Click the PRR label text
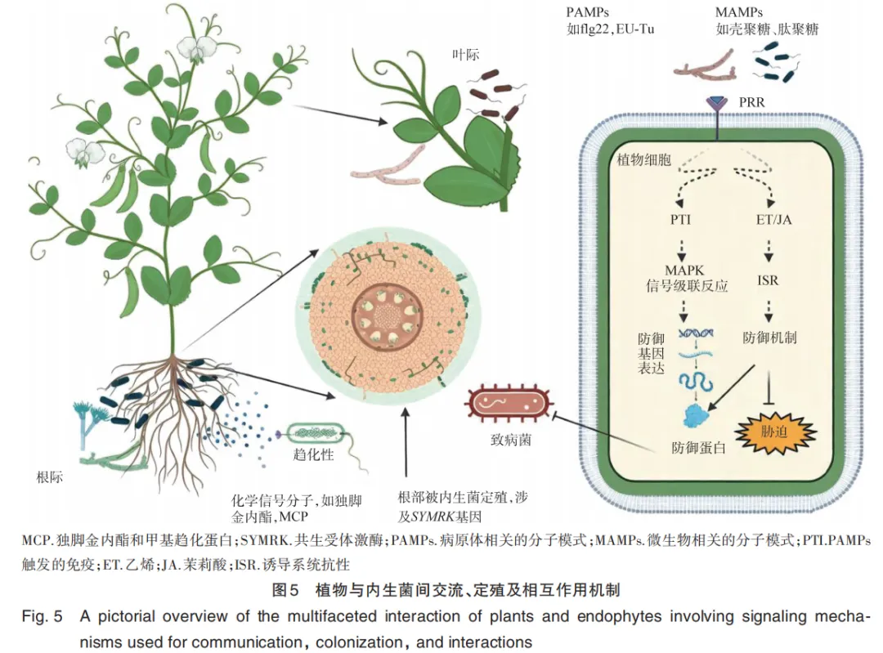pos(752,102)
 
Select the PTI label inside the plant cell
pos(680,220)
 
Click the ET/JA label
pos(773,220)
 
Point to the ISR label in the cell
pos(768,280)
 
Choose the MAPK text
pos(684,271)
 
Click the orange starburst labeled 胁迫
pos(775,432)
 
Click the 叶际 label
pos(466,55)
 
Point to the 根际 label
pos(50,477)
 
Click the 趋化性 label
pos(313,454)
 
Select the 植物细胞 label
pos(644,159)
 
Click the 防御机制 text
pos(770,338)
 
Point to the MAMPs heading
pos(739,11)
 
